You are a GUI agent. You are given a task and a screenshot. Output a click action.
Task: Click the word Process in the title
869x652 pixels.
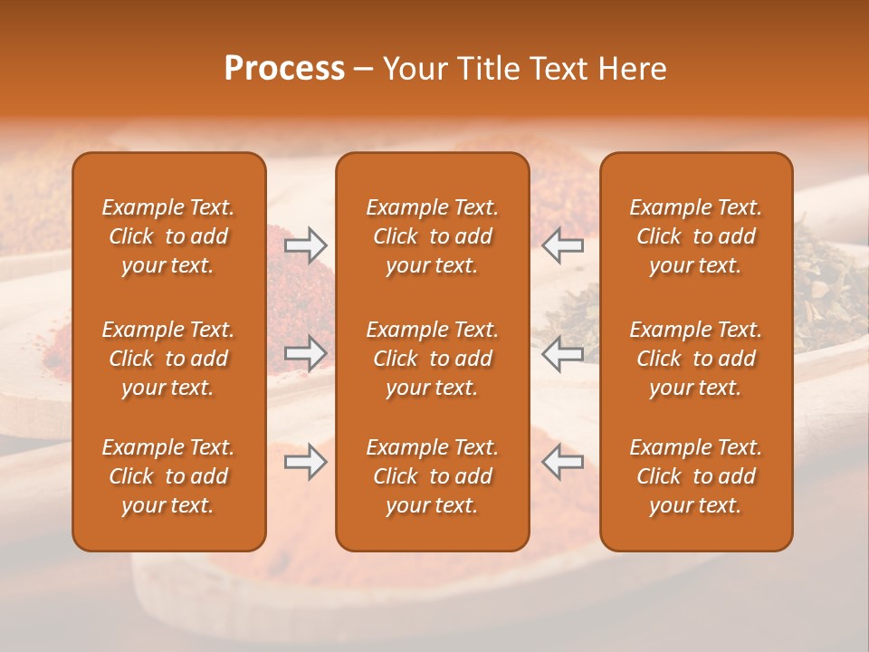(284, 69)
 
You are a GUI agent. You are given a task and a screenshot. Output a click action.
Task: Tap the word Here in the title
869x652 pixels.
(632, 69)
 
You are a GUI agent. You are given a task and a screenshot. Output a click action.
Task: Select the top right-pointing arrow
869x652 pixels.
(305, 244)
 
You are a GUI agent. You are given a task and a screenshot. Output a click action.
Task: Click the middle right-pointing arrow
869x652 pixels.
(305, 353)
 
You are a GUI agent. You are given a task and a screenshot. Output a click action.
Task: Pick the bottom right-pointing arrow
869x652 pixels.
(305, 462)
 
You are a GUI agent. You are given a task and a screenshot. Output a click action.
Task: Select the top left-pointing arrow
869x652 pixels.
(563, 244)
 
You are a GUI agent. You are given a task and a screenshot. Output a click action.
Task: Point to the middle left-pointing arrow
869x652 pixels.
(563, 353)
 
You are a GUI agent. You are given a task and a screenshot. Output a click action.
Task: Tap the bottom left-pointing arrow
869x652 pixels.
(563, 462)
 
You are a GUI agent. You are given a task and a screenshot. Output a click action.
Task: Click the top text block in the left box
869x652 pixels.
(168, 236)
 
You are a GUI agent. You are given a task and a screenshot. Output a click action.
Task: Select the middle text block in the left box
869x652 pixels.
(168, 359)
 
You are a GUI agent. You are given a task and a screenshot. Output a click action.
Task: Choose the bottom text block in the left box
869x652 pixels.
(168, 476)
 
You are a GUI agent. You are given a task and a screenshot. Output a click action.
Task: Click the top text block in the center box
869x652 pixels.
(432, 236)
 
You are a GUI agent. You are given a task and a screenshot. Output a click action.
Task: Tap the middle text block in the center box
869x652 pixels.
(432, 359)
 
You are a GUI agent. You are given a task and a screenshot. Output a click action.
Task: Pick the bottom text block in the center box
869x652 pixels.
(432, 476)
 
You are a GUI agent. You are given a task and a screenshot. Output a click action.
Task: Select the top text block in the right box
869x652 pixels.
(695, 236)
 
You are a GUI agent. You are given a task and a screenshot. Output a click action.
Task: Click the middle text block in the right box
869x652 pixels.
(695, 359)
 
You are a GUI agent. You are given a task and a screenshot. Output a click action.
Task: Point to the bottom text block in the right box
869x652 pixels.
(695, 476)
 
